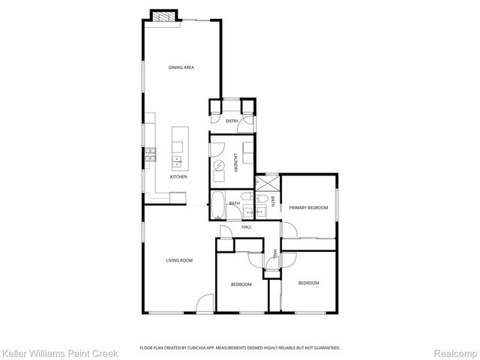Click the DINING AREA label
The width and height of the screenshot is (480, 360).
181,67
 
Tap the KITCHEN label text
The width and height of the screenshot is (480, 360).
178,177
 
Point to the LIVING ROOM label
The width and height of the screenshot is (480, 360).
180,260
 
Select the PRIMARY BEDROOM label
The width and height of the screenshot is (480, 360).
309,208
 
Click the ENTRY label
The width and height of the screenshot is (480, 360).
232,121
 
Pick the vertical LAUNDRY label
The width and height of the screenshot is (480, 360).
235,163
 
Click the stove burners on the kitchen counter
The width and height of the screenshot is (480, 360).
150,154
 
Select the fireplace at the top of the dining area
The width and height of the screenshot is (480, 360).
163,15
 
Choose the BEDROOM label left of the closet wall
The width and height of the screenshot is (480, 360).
241,284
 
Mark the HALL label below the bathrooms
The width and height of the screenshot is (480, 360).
246,226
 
